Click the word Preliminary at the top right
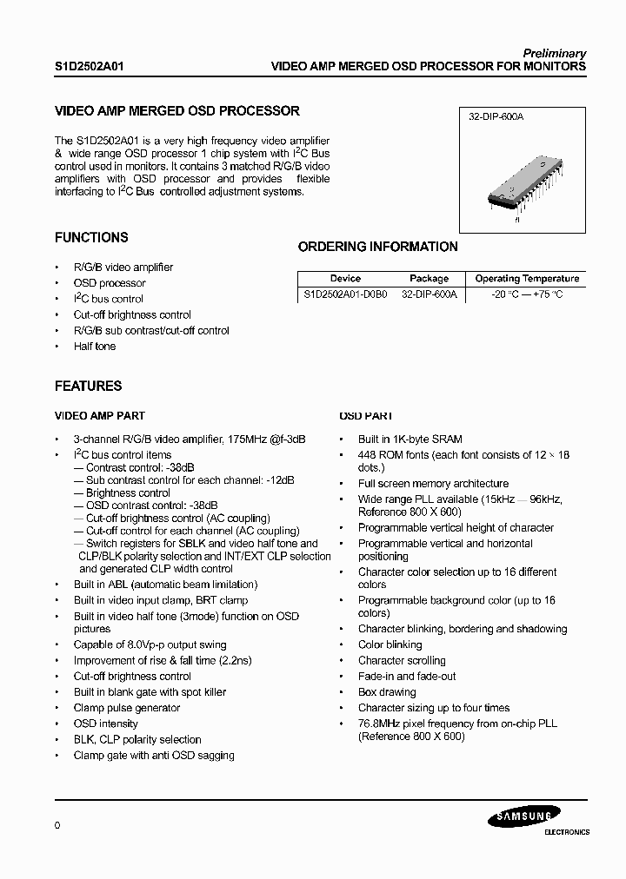[x=554, y=53]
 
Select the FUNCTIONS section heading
[x=91, y=237]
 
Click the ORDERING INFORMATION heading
[x=377, y=247]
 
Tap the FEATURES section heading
[x=88, y=386]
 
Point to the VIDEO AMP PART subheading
[x=100, y=416]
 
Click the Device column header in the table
[x=345, y=279]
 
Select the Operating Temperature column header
[x=527, y=279]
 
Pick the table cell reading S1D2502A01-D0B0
[x=346, y=294]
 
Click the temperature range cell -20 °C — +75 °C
[x=526, y=294]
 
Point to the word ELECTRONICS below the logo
[x=566, y=832]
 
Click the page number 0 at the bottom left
[x=57, y=825]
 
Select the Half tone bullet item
[x=94, y=347]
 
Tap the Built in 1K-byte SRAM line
[x=410, y=439]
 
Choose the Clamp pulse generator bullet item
[x=126, y=708]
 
